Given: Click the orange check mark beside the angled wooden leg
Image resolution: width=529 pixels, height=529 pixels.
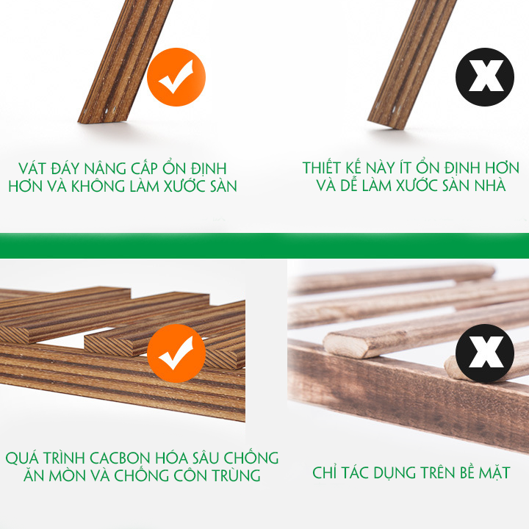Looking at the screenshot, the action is (176, 77).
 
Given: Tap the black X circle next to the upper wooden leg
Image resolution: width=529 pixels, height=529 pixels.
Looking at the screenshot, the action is (485, 77).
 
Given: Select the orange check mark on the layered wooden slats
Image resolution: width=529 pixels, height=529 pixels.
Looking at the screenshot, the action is (176, 353).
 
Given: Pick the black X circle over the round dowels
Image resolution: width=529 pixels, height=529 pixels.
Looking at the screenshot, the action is (485, 353).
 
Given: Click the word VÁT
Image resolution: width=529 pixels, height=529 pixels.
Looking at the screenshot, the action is (32, 168).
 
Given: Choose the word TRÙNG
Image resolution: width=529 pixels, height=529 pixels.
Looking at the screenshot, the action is (236, 475).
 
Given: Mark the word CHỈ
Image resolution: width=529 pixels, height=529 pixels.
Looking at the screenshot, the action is (325, 472).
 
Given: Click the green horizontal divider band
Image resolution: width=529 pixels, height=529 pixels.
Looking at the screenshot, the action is (264, 245).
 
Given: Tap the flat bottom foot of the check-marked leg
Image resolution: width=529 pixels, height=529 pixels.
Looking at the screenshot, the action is (102, 120).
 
